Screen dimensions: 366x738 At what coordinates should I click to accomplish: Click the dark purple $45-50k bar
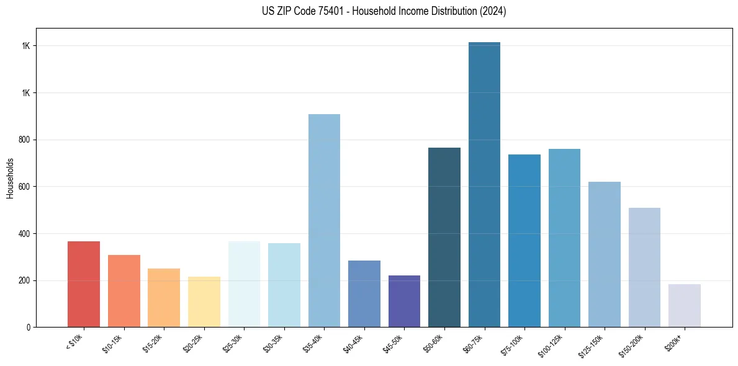tap(404, 301)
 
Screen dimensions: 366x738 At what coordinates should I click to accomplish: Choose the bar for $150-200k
tap(644, 267)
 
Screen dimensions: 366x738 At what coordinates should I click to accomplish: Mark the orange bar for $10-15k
tap(124, 291)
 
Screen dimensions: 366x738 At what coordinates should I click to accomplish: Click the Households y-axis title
tap(11, 177)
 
